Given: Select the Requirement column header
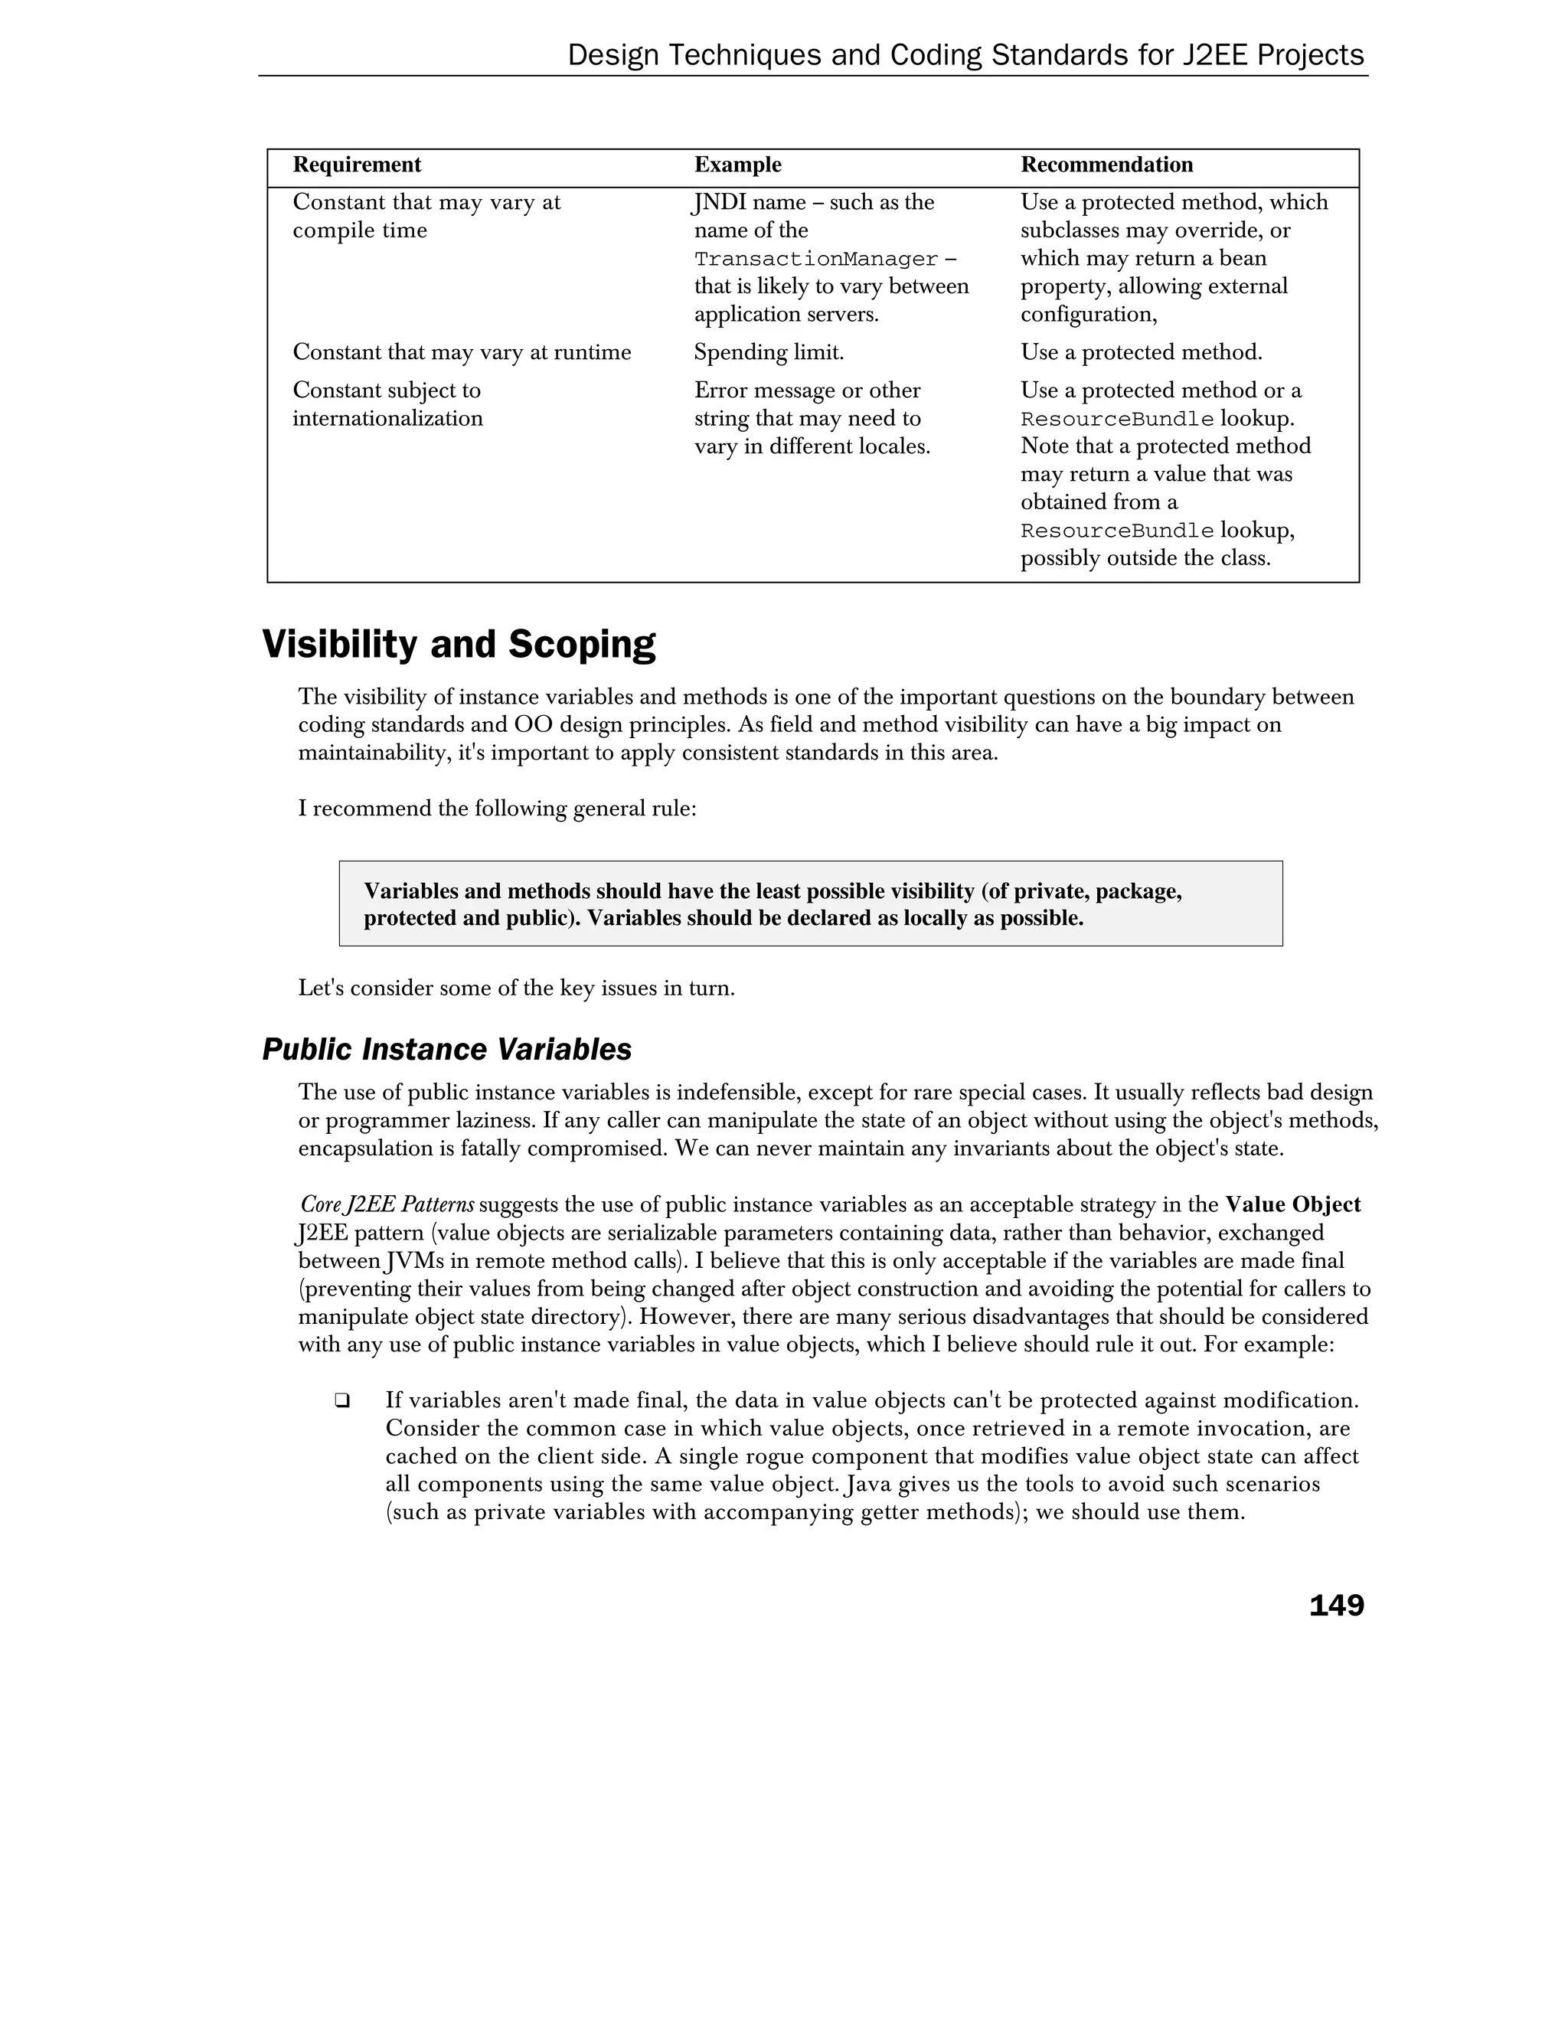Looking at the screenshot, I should (x=357, y=165).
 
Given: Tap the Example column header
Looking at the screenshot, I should (x=737, y=165).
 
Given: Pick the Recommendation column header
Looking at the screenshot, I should (x=1106, y=165).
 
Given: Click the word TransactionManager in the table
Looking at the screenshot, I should (x=815, y=260).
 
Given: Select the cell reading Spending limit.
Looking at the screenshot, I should (x=768, y=352).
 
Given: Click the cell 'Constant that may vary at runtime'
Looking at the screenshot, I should (x=462, y=352).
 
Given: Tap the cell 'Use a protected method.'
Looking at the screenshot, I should (x=1141, y=352).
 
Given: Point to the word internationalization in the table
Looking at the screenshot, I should (x=387, y=418).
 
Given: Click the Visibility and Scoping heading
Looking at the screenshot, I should (x=459, y=644).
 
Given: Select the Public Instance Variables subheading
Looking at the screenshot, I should (x=447, y=1050).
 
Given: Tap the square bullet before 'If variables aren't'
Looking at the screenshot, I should (x=341, y=1400).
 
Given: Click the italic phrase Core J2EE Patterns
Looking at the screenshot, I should (x=387, y=1205).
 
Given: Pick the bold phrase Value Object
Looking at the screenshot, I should (x=1292, y=1205).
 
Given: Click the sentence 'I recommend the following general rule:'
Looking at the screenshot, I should (x=497, y=809).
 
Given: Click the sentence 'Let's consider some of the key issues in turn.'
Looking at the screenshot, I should (x=517, y=988).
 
